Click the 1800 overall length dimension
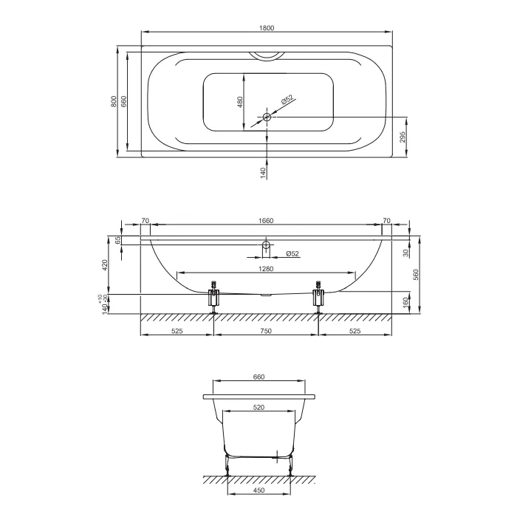click(267, 28)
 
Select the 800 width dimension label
click(114, 101)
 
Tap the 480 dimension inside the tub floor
click(240, 102)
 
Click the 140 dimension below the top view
click(263, 173)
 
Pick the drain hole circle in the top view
click(267, 117)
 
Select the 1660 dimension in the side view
click(266, 221)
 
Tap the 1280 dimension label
click(266, 269)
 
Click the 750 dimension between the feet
click(266, 331)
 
